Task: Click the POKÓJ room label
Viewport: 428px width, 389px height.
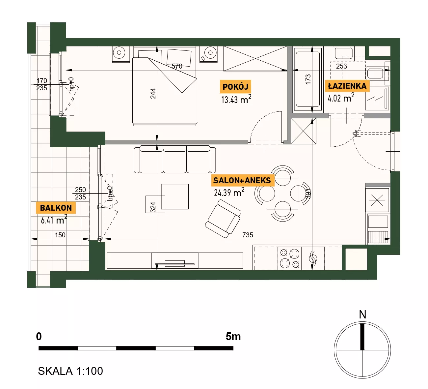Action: click(235, 87)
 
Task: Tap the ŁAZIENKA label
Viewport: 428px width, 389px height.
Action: click(347, 86)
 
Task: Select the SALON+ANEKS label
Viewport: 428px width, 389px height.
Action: click(242, 180)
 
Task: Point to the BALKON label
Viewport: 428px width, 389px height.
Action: click(56, 208)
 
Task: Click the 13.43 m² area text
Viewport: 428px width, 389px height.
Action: click(236, 99)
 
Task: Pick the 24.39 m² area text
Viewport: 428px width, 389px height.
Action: click(229, 193)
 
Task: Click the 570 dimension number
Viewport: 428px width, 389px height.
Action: click(177, 66)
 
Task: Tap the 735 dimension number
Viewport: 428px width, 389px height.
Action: click(248, 235)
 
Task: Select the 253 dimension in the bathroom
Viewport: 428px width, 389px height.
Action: click(341, 66)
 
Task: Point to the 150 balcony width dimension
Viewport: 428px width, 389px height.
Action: click(60, 235)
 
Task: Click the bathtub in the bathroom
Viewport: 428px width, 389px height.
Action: click(308, 79)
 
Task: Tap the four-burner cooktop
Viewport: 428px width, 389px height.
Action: click(289, 258)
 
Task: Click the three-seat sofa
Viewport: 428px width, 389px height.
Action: click(175, 159)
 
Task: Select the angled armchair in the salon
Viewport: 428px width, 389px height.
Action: click(223, 219)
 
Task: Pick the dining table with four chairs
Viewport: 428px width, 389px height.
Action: click(282, 194)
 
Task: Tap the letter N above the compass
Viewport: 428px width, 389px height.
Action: click(362, 314)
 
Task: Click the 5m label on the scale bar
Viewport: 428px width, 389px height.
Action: click(233, 337)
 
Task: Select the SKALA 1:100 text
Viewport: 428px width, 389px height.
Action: click(70, 371)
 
